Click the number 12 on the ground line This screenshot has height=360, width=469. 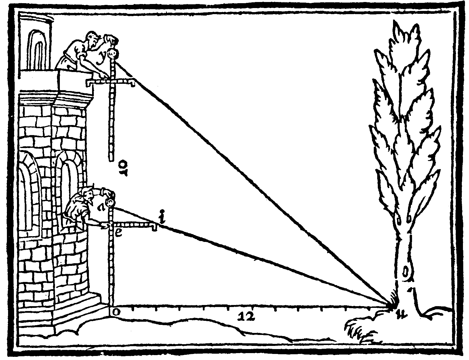[247, 316]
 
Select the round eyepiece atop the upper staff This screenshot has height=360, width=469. [113, 53]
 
